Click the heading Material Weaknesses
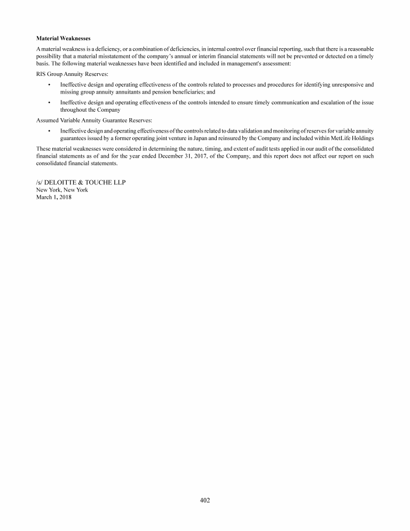tap(63, 39)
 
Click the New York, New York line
tap(62, 190)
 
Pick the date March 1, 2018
tap(53, 197)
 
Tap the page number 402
tap(205, 501)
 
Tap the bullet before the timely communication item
tap(49, 102)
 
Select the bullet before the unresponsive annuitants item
tap(49, 84)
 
